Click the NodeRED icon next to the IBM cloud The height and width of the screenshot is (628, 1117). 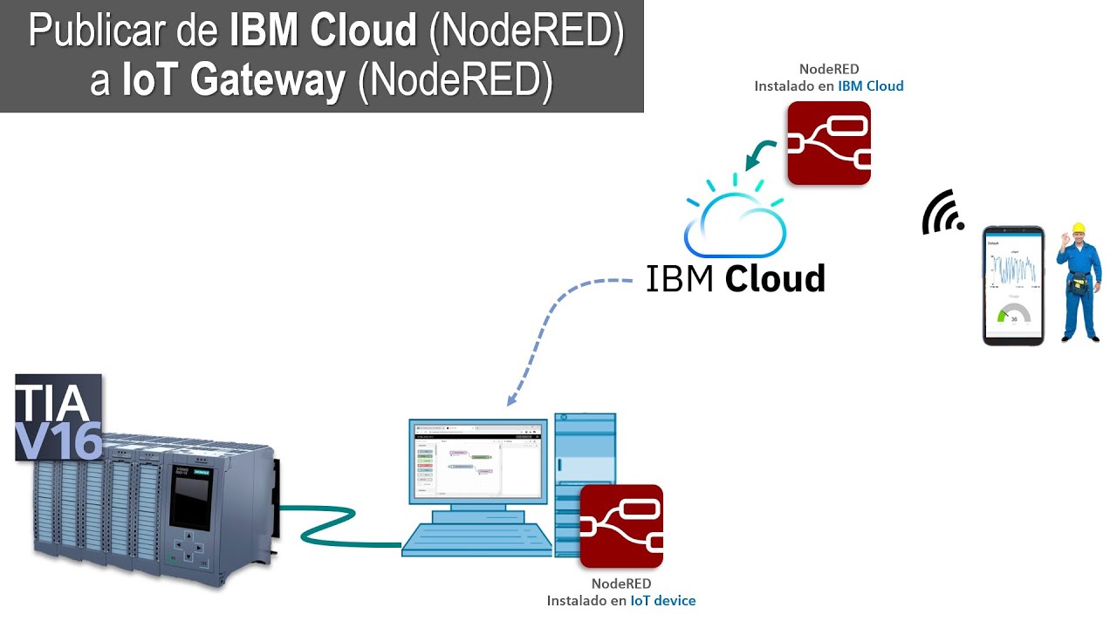pyautogui.click(x=828, y=143)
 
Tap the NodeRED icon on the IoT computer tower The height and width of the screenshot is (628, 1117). pyautogui.click(x=621, y=527)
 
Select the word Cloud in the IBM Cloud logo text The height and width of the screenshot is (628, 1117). pyautogui.click(x=775, y=279)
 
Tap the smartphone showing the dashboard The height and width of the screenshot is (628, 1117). pyautogui.click(x=1013, y=285)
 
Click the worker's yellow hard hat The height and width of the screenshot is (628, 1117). pyautogui.click(x=1078, y=229)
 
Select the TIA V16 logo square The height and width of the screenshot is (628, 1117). pyautogui.click(x=58, y=418)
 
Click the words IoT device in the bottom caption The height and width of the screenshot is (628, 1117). pyautogui.click(x=662, y=601)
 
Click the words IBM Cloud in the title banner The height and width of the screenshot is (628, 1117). pyautogui.click(x=323, y=31)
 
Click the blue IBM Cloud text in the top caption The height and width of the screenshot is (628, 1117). pyautogui.click(x=870, y=86)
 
